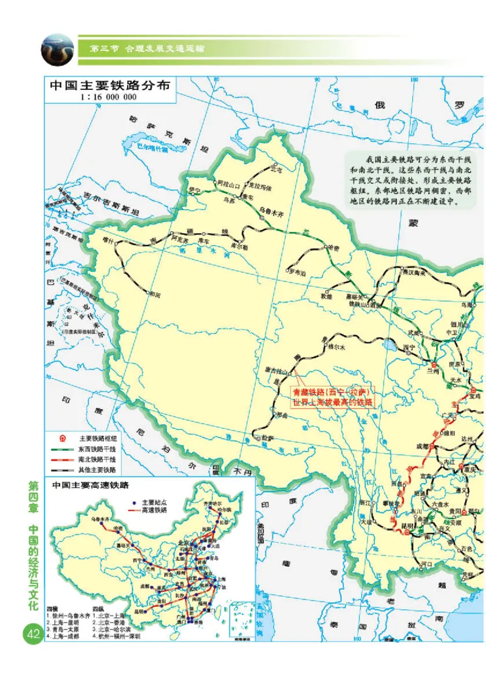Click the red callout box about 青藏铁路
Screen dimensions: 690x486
tap(331, 397)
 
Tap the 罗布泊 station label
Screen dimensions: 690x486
tap(299, 271)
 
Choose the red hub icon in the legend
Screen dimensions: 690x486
tap(61, 438)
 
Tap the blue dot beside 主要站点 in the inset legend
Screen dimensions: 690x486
tap(133, 502)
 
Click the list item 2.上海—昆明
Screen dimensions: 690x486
tap(67, 623)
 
